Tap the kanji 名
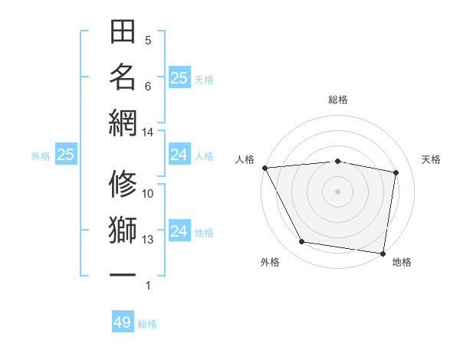pos(123,77)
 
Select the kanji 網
pos(123,123)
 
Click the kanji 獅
pos(123,231)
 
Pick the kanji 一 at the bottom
pos(123,273)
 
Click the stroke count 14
pos(148,133)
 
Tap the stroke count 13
pos(148,240)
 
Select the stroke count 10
pos(148,194)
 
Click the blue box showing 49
pos(123,322)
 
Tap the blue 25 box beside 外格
pos(65,155)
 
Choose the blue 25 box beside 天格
pos(179,77)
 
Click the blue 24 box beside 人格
pos(179,155)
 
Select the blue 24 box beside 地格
pos(179,231)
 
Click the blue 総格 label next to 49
pos(147,324)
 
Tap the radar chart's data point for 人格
pos(264,168)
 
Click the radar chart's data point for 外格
pos(302,242)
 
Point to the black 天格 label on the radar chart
pos(431,159)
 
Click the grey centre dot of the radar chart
pos(337,191)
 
